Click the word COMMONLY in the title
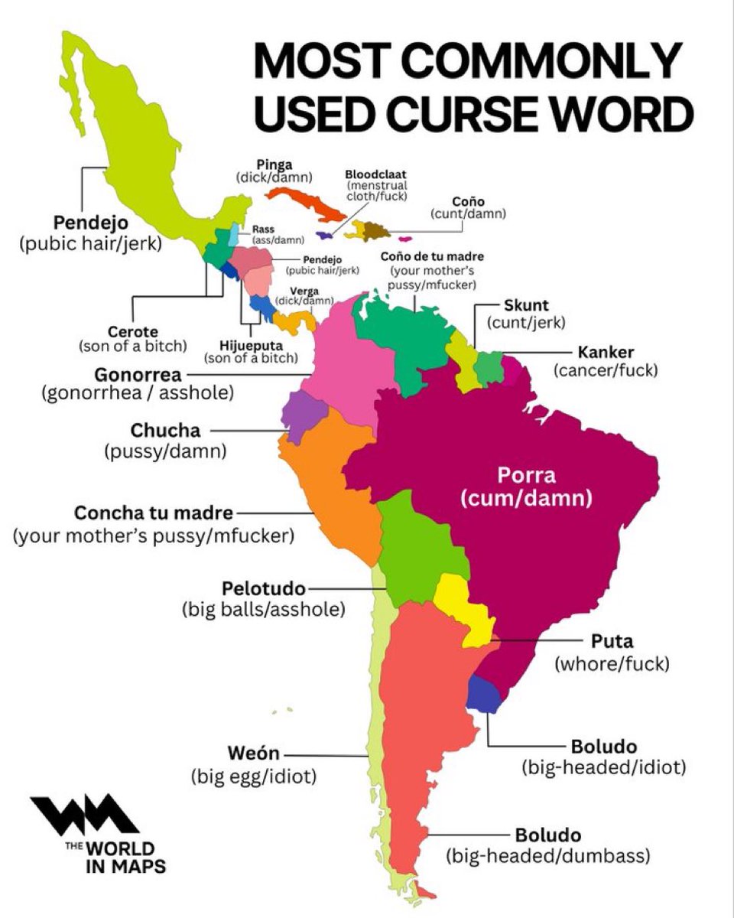pos(563,61)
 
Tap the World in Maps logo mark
pos(84,816)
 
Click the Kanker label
pos(606,353)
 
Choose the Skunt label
pos(526,305)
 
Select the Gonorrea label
pos(138,375)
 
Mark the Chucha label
pos(165,431)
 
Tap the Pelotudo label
pos(263,588)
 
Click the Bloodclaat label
pos(376,174)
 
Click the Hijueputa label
pos(250,344)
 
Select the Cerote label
pos(132,332)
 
